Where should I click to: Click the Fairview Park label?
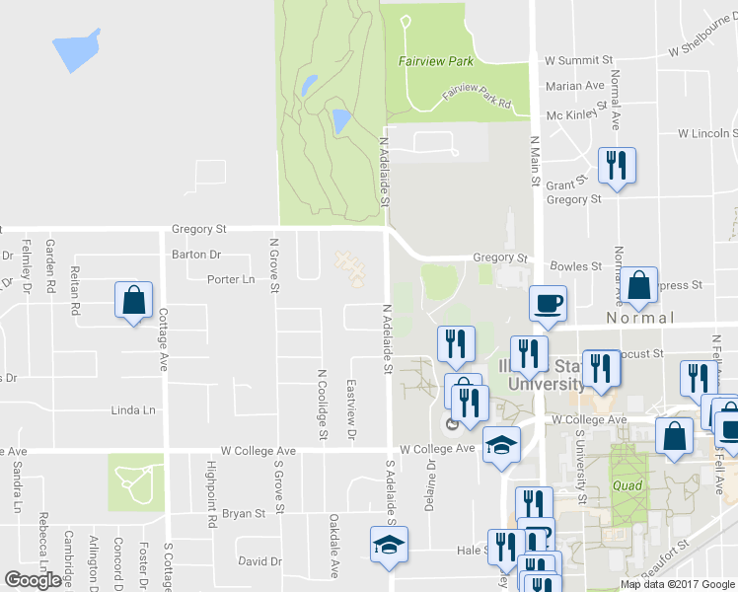pyautogui.click(x=430, y=61)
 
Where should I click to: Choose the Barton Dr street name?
pyautogui.click(x=196, y=254)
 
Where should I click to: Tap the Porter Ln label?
pyautogui.click(x=231, y=279)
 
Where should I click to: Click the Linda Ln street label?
pyautogui.click(x=134, y=410)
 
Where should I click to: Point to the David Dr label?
pyautogui.click(x=259, y=561)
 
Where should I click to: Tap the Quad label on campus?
pyautogui.click(x=627, y=485)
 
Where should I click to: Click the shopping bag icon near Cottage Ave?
pyautogui.click(x=133, y=300)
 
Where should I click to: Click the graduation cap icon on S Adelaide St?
pyautogui.click(x=388, y=544)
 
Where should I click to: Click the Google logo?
pyautogui.click(x=33, y=580)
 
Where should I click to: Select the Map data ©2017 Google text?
pyautogui.click(x=678, y=584)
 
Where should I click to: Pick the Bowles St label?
pyautogui.click(x=575, y=266)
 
